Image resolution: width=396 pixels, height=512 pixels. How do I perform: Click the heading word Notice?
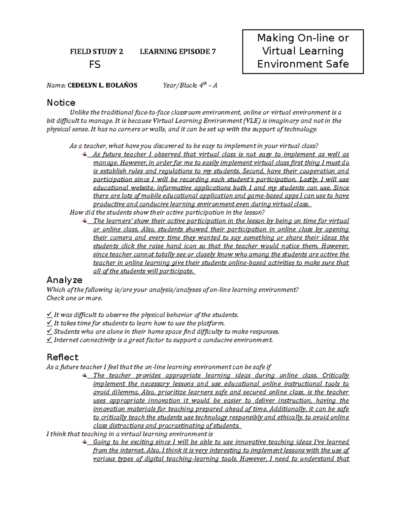click(61, 103)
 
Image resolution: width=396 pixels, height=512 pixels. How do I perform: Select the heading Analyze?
click(64, 280)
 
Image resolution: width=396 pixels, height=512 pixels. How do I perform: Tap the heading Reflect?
click(62, 357)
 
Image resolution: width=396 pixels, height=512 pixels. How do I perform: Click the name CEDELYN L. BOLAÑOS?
click(102, 86)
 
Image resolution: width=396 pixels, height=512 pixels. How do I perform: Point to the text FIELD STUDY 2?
click(96, 51)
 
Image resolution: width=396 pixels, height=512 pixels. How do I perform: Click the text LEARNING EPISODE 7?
click(178, 51)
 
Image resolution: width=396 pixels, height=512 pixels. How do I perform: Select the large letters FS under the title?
click(95, 64)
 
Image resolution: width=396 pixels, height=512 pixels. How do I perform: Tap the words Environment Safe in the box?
click(303, 64)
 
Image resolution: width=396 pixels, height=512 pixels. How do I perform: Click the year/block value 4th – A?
click(208, 86)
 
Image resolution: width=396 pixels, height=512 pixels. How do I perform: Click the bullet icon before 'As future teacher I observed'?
click(85, 154)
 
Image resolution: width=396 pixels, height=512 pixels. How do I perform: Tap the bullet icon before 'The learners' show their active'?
click(85, 221)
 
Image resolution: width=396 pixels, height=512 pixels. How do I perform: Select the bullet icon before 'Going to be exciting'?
click(85, 441)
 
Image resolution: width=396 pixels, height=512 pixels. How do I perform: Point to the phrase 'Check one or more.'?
click(75, 298)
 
